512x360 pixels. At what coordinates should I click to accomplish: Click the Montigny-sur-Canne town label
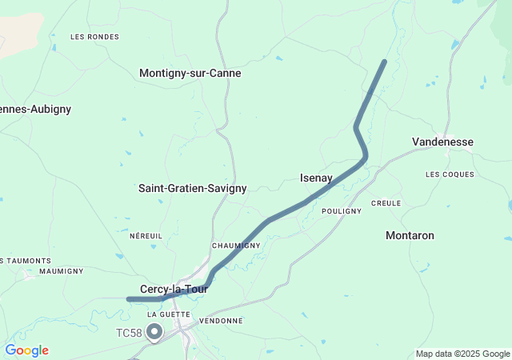[x=190, y=73]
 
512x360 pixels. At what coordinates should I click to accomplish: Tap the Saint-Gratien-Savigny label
[x=192, y=188]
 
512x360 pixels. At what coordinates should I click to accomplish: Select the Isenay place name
[x=316, y=178]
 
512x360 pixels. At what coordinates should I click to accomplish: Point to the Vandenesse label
[x=442, y=142]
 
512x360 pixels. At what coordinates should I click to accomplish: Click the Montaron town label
[x=410, y=235]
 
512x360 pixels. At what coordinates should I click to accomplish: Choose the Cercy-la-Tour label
[x=174, y=289]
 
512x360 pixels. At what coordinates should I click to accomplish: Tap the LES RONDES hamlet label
[x=94, y=37]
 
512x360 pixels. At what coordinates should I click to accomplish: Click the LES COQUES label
[x=450, y=174]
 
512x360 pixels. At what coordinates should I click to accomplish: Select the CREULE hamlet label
[x=386, y=203]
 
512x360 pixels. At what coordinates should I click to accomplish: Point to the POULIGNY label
[x=341, y=211]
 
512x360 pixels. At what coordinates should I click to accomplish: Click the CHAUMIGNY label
[x=236, y=246]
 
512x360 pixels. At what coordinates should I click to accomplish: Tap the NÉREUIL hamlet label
[x=146, y=236]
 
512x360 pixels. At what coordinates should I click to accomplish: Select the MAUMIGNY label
[x=61, y=271]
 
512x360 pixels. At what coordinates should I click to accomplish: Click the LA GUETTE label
[x=169, y=314]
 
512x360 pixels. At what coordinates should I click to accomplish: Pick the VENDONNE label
[x=221, y=321]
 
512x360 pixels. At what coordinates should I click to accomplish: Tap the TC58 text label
[x=128, y=332]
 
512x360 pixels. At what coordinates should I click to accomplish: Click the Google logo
[x=26, y=350]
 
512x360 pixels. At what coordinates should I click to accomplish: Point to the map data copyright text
[x=462, y=354]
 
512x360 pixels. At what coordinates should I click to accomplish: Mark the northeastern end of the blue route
[x=385, y=62]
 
